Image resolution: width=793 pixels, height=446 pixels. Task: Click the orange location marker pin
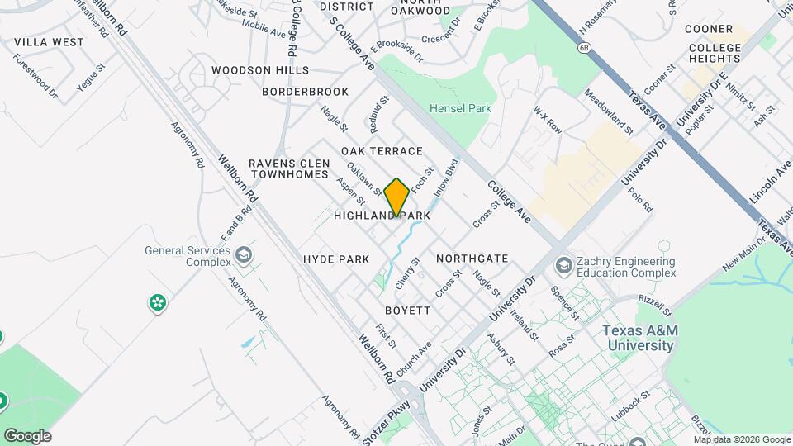pos(396,197)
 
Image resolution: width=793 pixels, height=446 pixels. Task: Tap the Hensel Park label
pos(460,108)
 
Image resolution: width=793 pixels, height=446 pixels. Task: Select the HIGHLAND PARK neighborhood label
pos(382,216)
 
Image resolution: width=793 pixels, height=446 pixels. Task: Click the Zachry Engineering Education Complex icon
pos(564,266)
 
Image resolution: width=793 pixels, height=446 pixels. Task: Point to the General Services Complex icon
pos(244,255)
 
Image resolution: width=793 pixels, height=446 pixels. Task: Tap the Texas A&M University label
pos(640,337)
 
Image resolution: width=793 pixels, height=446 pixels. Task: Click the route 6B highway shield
pos(584,48)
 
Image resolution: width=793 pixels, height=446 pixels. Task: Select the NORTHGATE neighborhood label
pos(472,259)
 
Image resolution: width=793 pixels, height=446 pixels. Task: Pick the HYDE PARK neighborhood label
pos(336,259)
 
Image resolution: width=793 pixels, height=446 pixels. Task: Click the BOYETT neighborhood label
pos(408,311)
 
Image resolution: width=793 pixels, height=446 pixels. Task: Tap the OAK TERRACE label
pos(382,151)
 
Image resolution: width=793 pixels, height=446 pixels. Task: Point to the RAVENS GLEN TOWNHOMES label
pos(290,168)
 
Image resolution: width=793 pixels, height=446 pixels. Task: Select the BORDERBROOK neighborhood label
pos(306,91)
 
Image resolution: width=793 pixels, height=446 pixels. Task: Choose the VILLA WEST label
pos(50,41)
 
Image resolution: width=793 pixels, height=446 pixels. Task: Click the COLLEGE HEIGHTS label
pos(715,54)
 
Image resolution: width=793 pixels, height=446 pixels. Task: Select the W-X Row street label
pos(547,121)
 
